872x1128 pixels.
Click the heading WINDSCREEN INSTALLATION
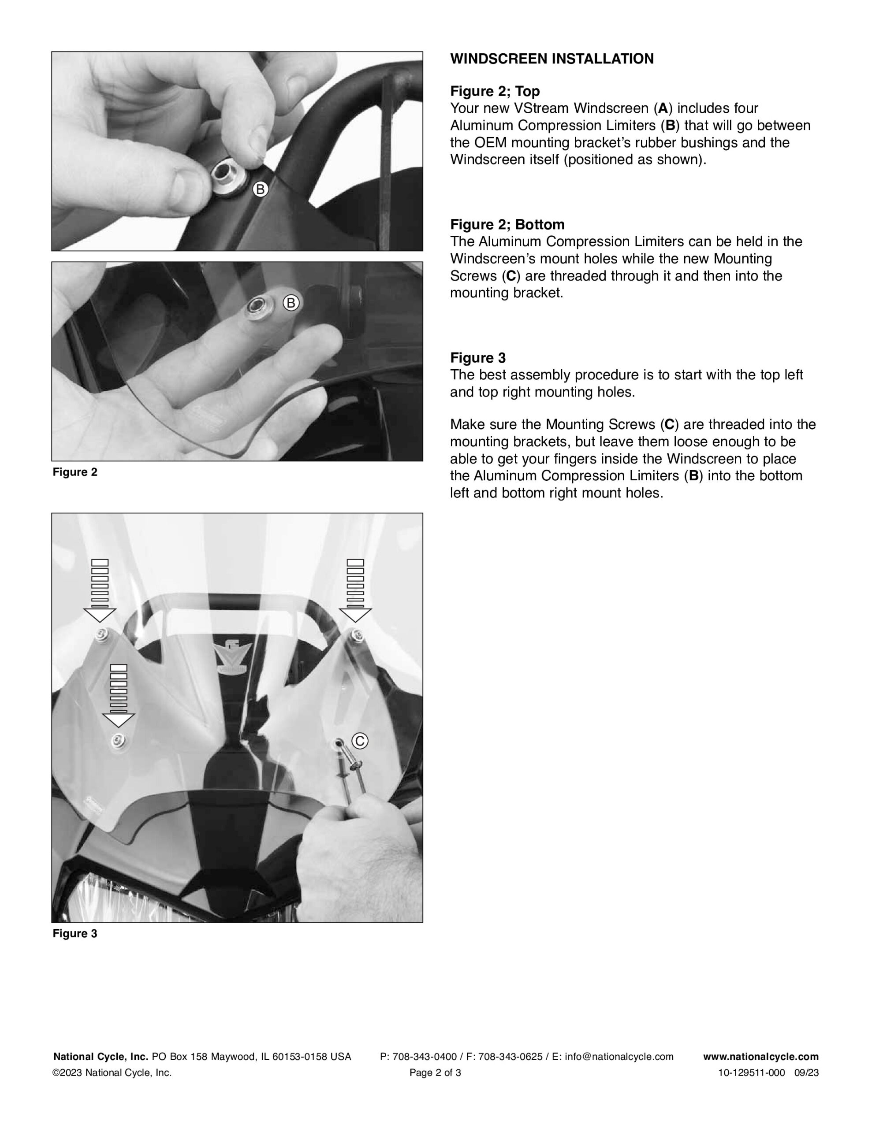tap(552, 59)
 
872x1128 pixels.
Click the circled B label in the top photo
tap(260, 189)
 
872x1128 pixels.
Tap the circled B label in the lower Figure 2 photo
tap(291, 303)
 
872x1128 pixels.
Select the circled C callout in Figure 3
tap(360, 741)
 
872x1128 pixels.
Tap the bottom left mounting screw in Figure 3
tap(119, 741)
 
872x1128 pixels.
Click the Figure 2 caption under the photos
tap(75, 472)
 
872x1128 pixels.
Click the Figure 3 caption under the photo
tap(75, 933)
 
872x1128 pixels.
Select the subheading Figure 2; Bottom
tap(507, 225)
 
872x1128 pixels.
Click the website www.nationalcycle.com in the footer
tap(761, 1057)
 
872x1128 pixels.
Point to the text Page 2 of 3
tap(435, 1073)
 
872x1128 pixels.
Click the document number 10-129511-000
tap(751, 1073)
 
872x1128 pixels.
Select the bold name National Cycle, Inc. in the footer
tap(101, 1057)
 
